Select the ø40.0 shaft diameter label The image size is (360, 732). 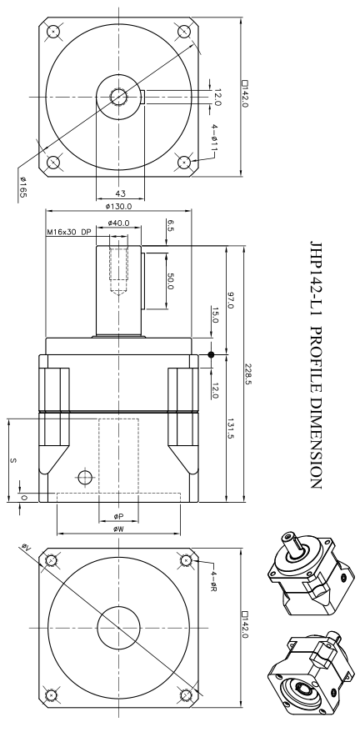[121, 223]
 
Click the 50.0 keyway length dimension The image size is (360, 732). [170, 280]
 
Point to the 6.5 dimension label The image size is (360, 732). [170, 225]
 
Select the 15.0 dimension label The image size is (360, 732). [215, 316]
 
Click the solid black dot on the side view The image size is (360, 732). [211, 355]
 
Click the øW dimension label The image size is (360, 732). [118, 528]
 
